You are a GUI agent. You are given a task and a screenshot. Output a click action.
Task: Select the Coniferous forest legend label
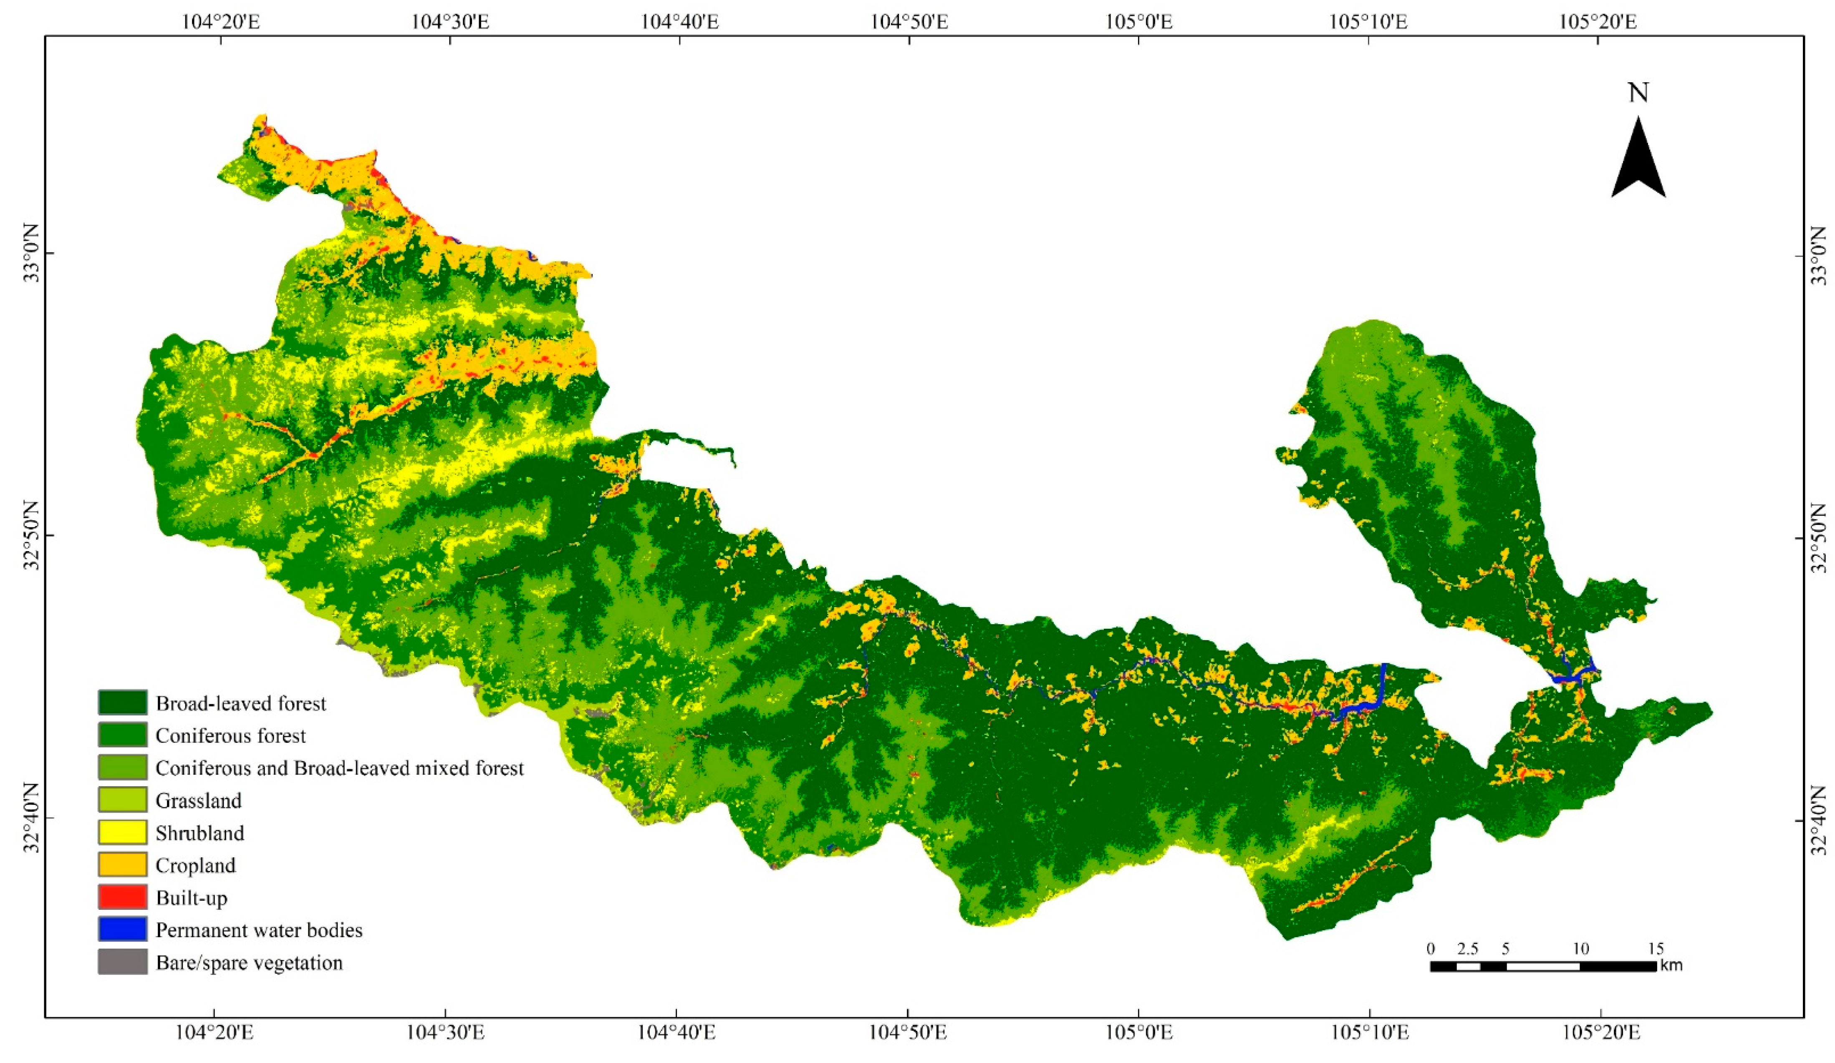click(x=230, y=736)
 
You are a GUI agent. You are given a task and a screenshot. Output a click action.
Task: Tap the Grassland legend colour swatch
click(x=122, y=800)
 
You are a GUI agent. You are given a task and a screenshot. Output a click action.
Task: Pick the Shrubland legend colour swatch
click(x=122, y=833)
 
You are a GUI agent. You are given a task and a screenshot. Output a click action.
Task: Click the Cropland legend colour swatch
click(x=122, y=865)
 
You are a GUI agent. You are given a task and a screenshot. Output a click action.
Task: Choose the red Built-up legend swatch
click(x=122, y=898)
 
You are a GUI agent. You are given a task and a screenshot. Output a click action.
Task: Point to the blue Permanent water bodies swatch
click(x=122, y=930)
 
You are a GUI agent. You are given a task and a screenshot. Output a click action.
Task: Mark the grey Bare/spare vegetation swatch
click(x=122, y=962)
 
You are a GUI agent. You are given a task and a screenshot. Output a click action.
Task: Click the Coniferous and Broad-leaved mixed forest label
click(x=339, y=768)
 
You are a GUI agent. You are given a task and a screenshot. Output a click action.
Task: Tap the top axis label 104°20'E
click(x=221, y=21)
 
